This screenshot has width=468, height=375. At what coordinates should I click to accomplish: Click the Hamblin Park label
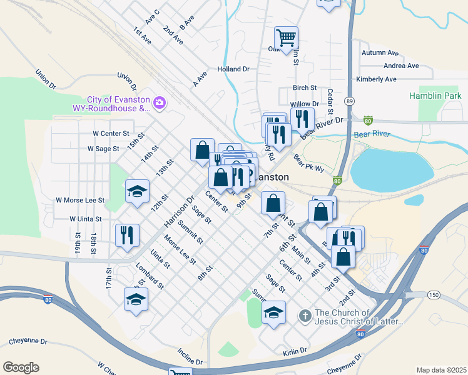(435, 96)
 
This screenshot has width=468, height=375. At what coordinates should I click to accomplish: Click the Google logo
(21, 367)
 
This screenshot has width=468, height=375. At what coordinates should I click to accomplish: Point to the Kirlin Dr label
(295, 351)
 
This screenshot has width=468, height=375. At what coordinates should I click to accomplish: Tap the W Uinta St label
(86, 219)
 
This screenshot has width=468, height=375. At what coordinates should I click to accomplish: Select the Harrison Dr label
(176, 212)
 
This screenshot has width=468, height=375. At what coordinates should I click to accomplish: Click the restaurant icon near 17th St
(126, 235)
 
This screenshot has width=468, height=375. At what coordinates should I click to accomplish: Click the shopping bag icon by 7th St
(273, 202)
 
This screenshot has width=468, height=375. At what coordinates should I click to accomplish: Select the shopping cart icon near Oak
(286, 37)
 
